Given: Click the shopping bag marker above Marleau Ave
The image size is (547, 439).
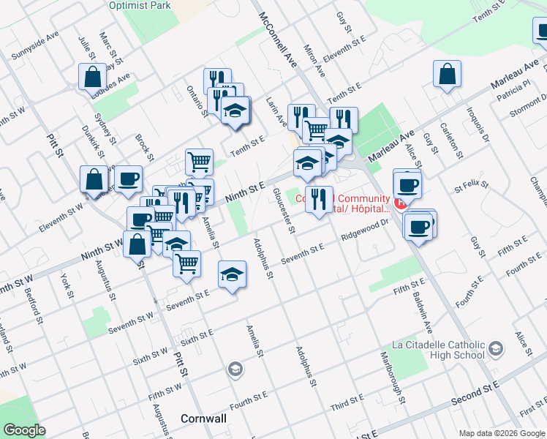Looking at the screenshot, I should (x=447, y=75).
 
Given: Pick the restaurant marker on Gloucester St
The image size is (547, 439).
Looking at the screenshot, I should (x=318, y=199).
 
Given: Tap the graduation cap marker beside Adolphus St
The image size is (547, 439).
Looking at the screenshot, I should (x=233, y=274).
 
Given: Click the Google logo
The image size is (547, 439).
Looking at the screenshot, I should (x=25, y=430).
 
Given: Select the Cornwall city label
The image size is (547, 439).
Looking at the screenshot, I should (x=203, y=419).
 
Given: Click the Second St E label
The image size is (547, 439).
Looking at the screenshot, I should (x=475, y=395).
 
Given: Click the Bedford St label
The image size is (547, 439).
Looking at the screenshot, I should (x=32, y=301).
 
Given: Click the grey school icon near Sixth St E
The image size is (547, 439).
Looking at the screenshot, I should (x=235, y=368).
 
